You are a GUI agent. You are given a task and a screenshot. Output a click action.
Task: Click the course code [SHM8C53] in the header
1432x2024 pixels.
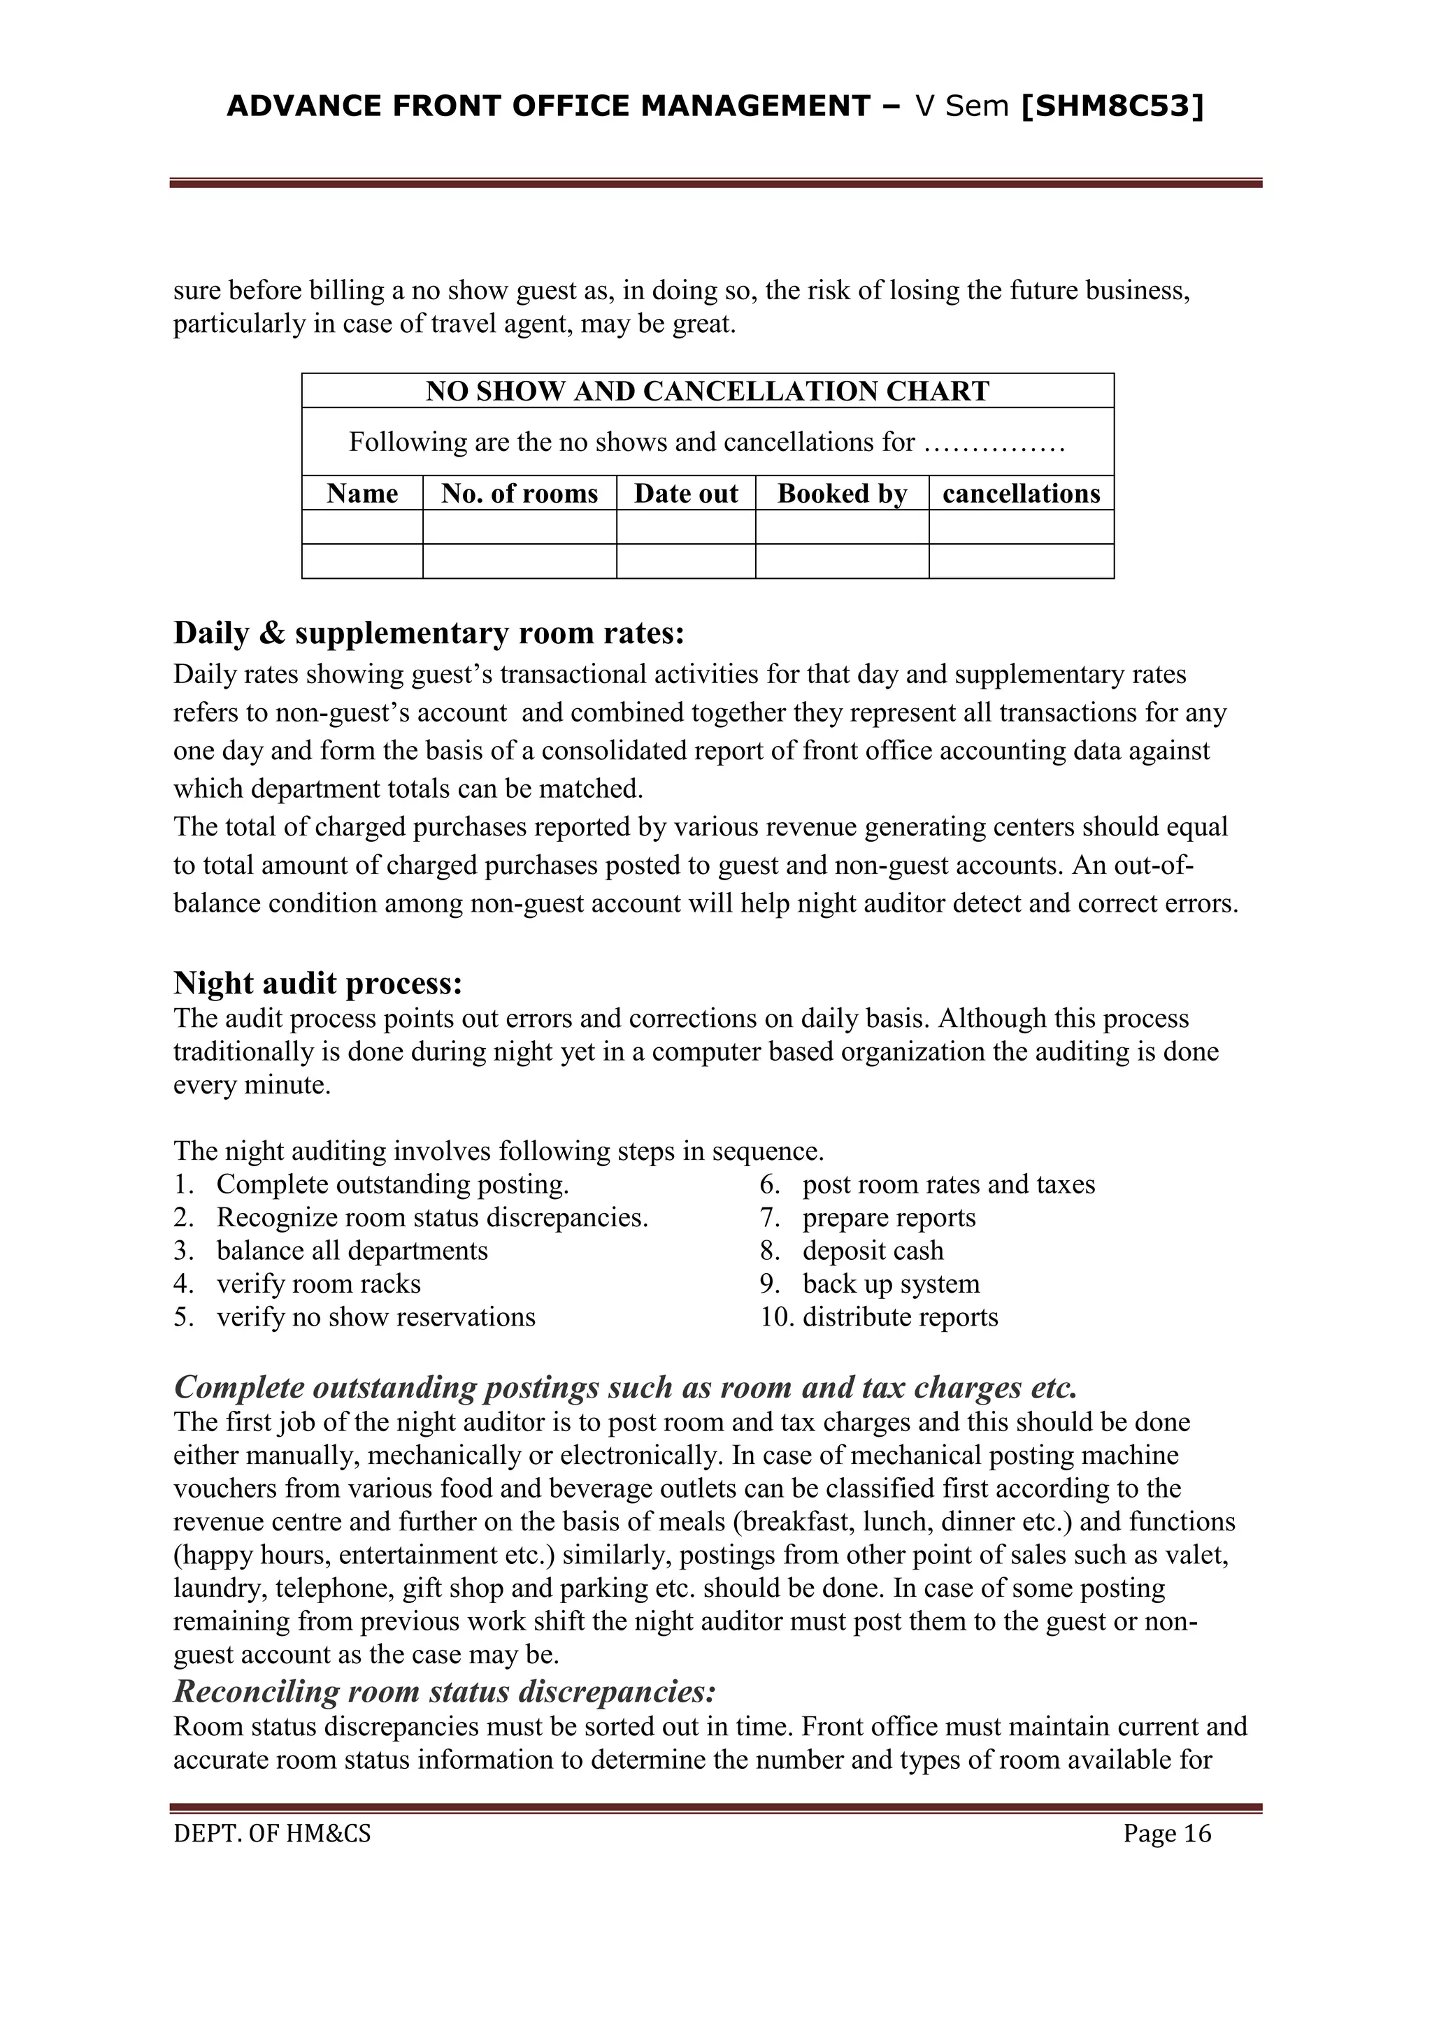coord(1112,107)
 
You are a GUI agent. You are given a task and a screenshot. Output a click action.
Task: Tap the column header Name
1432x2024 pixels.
coord(361,494)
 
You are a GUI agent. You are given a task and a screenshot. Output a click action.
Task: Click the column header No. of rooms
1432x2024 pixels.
coord(520,494)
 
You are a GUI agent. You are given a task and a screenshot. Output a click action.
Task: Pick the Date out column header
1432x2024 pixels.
coord(685,494)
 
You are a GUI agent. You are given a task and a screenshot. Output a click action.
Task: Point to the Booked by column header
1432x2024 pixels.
coord(841,494)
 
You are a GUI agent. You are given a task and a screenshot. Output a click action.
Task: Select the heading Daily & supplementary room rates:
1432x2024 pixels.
coord(429,633)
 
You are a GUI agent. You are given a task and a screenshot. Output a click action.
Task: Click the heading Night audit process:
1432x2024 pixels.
coord(317,982)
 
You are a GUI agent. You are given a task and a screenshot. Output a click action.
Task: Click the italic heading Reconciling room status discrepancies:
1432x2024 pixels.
coord(445,1692)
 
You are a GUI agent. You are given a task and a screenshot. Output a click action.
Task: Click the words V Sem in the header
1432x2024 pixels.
coord(962,107)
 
